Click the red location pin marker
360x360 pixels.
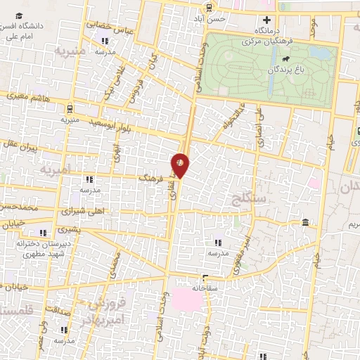point(181,165)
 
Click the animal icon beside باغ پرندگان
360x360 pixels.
point(309,69)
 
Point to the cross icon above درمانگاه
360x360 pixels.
point(266,20)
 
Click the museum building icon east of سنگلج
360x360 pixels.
point(304,223)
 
